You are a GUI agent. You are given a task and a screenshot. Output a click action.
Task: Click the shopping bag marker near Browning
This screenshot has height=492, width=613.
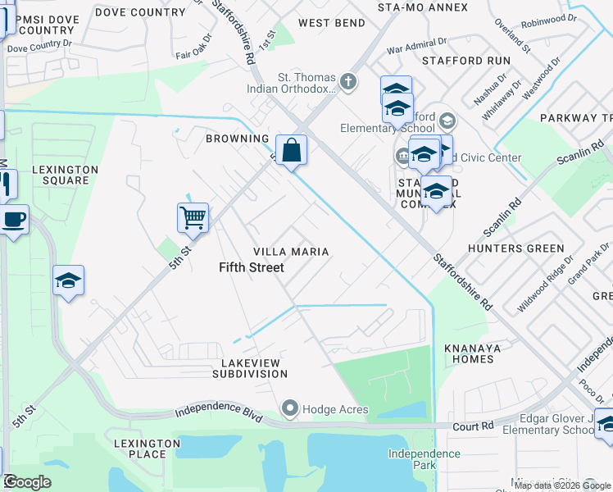click(291, 151)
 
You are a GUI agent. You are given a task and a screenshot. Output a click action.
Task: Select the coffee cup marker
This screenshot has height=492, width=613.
click(13, 221)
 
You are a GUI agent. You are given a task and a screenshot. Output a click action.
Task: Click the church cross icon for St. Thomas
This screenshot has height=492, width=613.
click(349, 81)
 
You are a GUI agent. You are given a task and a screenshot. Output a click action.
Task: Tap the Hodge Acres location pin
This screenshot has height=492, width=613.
click(288, 408)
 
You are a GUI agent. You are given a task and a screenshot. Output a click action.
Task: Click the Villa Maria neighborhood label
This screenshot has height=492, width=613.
click(291, 252)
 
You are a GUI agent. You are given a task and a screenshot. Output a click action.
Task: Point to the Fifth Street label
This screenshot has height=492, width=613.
click(252, 267)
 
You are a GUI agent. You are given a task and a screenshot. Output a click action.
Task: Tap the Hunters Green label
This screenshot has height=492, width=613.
click(515, 248)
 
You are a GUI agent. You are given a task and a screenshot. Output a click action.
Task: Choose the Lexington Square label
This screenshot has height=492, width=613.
click(66, 175)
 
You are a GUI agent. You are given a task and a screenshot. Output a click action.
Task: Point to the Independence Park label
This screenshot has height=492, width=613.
click(424, 459)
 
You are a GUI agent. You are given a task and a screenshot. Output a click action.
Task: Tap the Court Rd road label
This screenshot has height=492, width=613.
click(472, 426)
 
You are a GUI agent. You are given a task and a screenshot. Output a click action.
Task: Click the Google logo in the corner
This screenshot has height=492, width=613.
click(27, 482)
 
